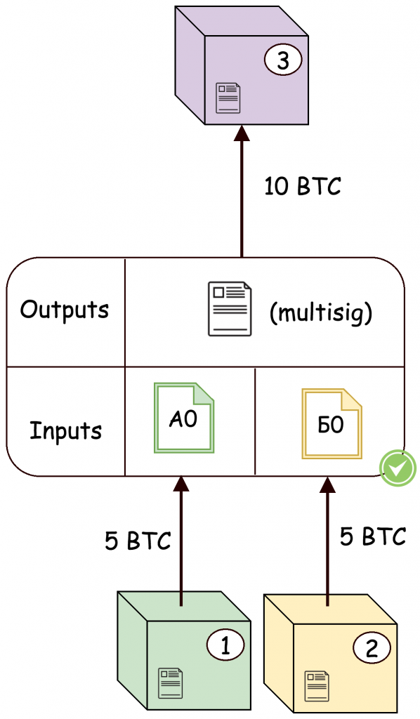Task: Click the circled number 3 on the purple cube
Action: tap(282, 62)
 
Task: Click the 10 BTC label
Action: tap(303, 187)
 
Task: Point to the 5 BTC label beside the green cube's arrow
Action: tap(138, 541)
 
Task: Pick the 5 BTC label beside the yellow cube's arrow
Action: tap(373, 536)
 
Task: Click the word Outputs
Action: tap(65, 310)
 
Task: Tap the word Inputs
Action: tap(65, 430)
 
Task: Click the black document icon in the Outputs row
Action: tap(229, 309)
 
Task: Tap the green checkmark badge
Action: tap(398, 467)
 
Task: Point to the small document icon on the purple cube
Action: tap(228, 98)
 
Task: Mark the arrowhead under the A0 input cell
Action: tap(181, 483)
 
